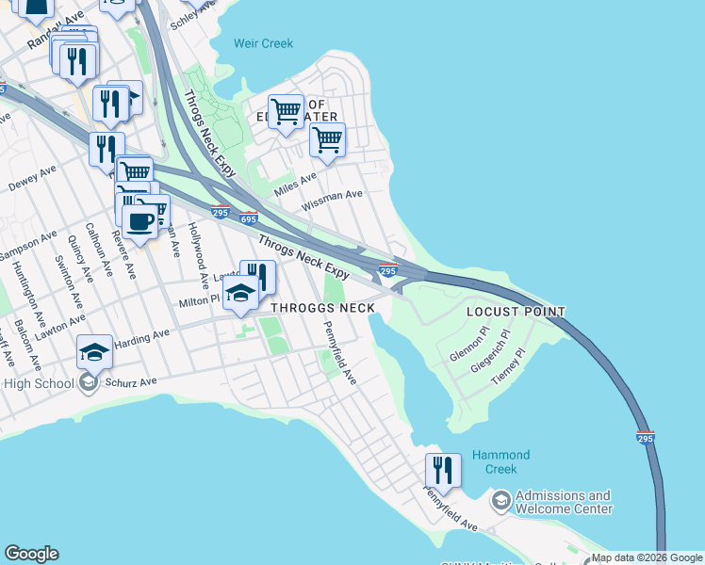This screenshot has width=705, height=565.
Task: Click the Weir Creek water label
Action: pyautogui.click(x=264, y=43)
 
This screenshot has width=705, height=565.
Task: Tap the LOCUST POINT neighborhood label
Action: pyautogui.click(x=516, y=312)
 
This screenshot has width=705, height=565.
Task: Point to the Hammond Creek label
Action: pyautogui.click(x=500, y=461)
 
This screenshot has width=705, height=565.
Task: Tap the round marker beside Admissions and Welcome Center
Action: pyautogui.click(x=500, y=498)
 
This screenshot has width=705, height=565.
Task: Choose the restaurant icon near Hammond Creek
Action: pyautogui.click(x=443, y=469)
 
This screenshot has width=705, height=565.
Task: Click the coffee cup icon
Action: pyautogui.click(x=140, y=222)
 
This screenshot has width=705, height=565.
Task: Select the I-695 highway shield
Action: pyautogui.click(x=249, y=218)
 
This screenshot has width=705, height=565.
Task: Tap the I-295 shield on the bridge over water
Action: pyautogui.click(x=645, y=437)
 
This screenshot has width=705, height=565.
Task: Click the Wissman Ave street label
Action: pyautogui.click(x=332, y=200)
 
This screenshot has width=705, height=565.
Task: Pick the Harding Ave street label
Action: pyautogui.click(x=141, y=340)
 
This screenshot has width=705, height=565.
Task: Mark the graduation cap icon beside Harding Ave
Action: pyautogui.click(x=94, y=351)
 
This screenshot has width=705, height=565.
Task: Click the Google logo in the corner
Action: pyautogui.click(x=31, y=554)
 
